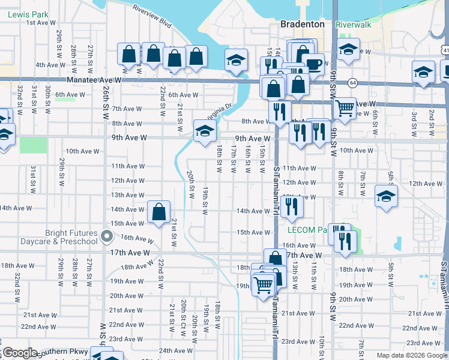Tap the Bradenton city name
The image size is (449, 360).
(303, 25)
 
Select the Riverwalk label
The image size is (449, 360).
(354, 25)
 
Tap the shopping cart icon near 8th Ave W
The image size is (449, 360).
(345, 109)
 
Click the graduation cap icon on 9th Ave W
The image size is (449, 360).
(205, 130)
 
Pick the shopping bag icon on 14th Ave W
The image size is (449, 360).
(158, 211)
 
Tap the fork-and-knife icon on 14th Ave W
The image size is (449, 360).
(291, 206)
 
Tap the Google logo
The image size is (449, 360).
(19, 353)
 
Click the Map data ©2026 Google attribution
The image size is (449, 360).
(412, 355)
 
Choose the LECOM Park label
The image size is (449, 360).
(306, 230)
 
